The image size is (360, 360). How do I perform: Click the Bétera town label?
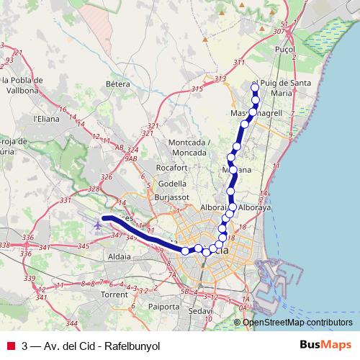(117, 84)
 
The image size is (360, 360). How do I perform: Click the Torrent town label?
(114, 294)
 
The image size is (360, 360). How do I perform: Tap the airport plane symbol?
(97, 225)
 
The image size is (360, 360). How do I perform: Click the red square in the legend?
(11, 344)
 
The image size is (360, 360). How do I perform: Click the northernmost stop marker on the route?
(254, 88)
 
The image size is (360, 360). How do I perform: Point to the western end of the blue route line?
(104, 217)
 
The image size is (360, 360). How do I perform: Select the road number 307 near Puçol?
(279, 32)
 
